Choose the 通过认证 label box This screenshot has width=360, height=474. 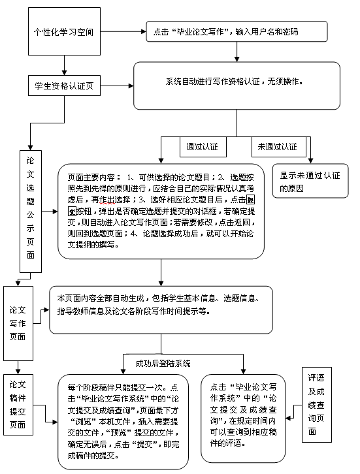(203, 146)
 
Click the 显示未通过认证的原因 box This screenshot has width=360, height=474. (310, 182)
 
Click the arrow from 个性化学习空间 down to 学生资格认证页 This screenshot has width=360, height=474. (63, 63)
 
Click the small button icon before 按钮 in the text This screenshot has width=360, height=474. (72, 210)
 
